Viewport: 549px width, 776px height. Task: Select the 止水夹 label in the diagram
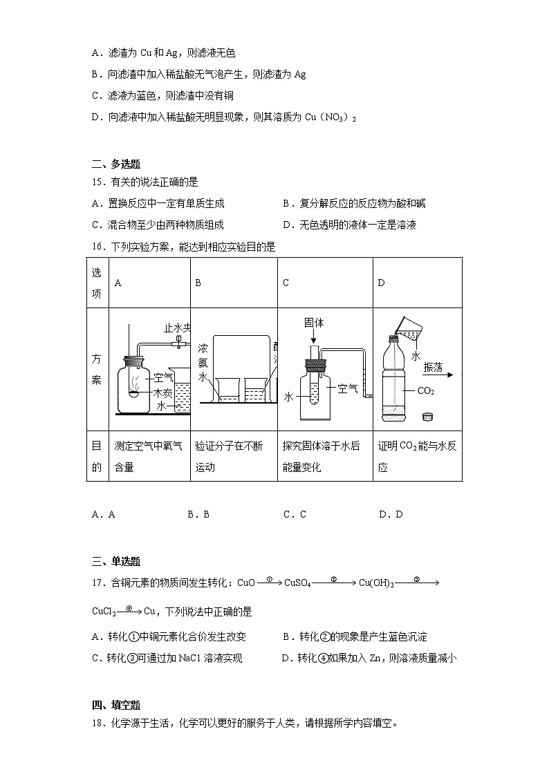coord(176,328)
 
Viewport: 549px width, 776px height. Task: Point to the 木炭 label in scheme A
coord(162,392)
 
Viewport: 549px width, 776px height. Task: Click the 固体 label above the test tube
coord(314,323)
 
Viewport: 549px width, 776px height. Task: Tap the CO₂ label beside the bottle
coord(426,391)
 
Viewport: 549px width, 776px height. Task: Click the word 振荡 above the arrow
coord(434,367)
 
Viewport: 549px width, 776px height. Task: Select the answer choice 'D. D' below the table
coord(391,514)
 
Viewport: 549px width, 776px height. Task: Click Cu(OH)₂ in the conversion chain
coord(376,583)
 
